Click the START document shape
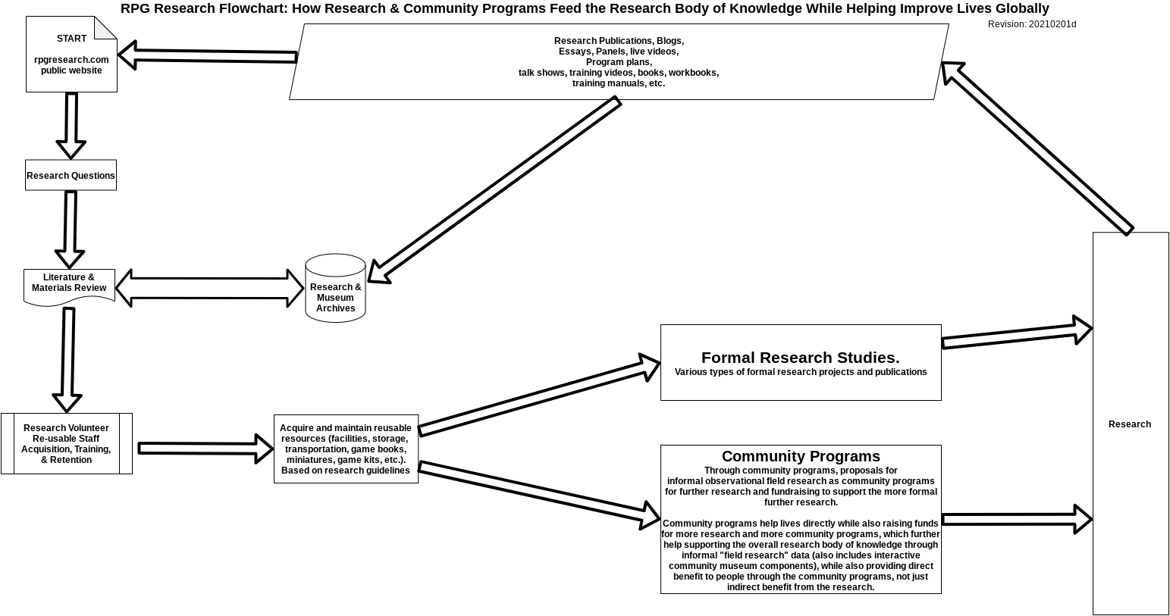[71, 55]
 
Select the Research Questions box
[71, 175]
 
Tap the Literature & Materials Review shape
[69, 287]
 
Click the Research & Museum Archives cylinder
[335, 288]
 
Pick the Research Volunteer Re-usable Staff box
[66, 444]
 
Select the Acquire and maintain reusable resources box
[346, 449]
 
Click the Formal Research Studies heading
[800, 358]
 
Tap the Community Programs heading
[801, 456]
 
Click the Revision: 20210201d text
[1032, 24]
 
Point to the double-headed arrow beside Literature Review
[209, 288]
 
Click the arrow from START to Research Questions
[71, 126]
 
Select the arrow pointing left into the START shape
[207, 55]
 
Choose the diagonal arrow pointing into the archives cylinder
[494, 190]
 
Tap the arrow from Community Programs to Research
[1017, 519]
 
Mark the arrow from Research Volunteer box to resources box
[205, 449]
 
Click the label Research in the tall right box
[1130, 424]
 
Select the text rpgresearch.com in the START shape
[71, 60]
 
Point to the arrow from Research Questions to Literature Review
[70, 230]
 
